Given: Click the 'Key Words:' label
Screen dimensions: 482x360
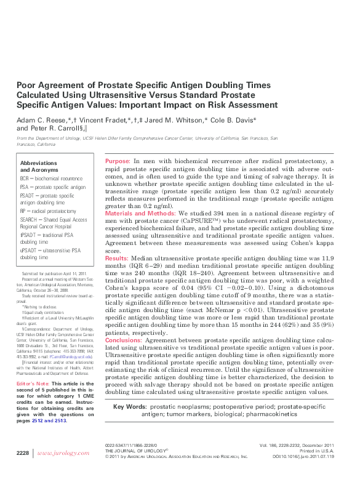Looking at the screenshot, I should [x=129, y=407].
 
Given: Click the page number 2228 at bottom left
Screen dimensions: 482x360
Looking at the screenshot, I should [x=22, y=470].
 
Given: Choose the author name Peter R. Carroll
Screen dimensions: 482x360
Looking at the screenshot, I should [x=62, y=128].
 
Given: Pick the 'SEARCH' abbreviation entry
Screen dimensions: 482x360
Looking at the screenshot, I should [x=31, y=220].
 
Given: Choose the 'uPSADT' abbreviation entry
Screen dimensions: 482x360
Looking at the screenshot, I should [x=29, y=251].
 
